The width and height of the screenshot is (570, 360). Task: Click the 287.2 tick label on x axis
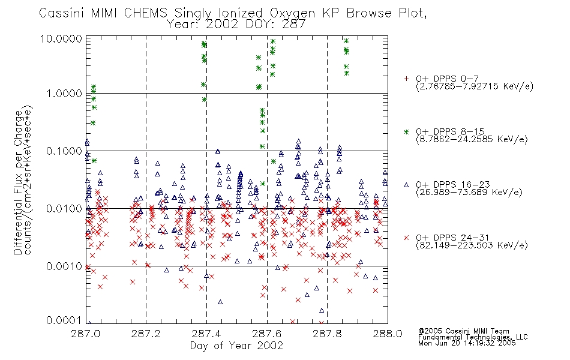coord(146,334)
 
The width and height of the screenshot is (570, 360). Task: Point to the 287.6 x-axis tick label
coord(266,334)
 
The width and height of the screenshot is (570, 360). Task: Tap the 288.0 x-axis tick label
coord(388,334)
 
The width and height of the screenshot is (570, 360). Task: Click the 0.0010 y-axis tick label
coord(64,266)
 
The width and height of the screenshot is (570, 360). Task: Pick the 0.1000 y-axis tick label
coord(64,151)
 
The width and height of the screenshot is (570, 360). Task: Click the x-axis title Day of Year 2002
coord(236,346)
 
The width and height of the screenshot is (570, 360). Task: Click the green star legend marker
coord(406,131)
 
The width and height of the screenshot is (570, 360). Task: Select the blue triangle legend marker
coord(406,185)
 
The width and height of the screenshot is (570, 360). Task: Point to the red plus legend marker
coord(406,79)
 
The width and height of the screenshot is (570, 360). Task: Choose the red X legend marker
coord(406,238)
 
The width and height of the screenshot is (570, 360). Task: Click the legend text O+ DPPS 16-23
coord(453,185)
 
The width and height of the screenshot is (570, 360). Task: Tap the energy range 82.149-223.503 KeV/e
coord(472,245)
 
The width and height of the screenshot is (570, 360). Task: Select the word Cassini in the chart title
coord(62,13)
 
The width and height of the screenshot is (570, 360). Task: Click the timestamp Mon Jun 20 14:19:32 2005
coord(467,343)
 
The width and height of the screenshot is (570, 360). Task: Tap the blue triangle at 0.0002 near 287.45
coord(220,302)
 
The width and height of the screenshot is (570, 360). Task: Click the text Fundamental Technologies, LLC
coord(473,337)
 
